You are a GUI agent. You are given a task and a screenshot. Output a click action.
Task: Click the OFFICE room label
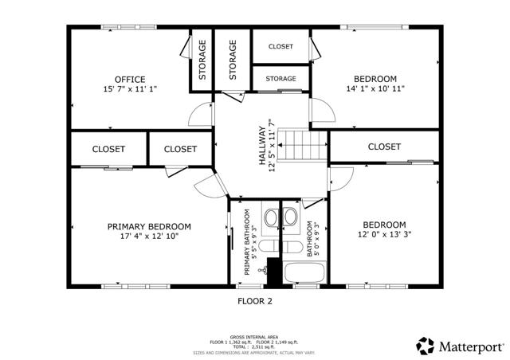[x=129, y=79]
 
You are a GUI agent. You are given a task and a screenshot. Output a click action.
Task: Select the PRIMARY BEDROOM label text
[x=149, y=226]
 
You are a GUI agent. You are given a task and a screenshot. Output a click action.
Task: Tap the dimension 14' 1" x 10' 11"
[x=375, y=90]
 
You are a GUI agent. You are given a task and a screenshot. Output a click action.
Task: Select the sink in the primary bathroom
[x=270, y=217]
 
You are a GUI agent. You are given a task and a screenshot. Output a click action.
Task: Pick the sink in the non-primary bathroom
[x=291, y=217]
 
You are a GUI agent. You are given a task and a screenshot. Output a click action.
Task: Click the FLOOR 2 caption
[x=255, y=301]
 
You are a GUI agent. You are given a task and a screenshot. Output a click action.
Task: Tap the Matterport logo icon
[x=426, y=346]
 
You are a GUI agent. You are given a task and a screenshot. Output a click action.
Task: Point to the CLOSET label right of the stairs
[x=384, y=147]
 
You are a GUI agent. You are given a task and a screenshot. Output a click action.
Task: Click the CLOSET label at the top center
[x=280, y=46]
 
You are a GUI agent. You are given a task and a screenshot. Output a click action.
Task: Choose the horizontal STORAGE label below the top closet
[x=280, y=79]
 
